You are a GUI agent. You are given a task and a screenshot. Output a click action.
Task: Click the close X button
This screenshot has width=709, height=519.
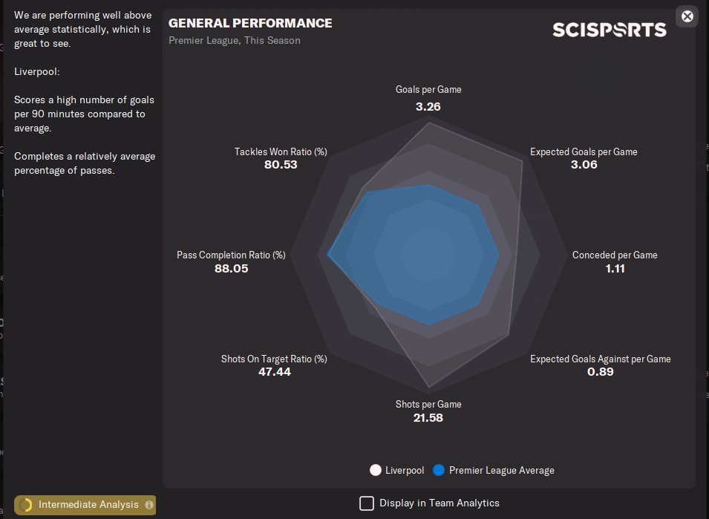(x=687, y=16)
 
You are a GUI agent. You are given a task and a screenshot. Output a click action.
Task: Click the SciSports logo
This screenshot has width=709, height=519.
(x=609, y=30)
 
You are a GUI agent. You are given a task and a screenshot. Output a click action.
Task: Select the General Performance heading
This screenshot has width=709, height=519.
(x=250, y=23)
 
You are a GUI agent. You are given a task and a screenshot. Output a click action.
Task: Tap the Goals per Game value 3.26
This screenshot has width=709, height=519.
(x=428, y=106)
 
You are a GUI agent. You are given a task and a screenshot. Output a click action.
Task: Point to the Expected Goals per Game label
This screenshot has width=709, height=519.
(x=584, y=151)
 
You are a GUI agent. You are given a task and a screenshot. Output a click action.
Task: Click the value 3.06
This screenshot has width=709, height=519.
(x=584, y=164)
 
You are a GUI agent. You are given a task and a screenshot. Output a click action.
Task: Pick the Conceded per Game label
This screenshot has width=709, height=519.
(x=615, y=255)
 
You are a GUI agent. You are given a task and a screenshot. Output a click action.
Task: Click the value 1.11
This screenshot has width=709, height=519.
(x=615, y=268)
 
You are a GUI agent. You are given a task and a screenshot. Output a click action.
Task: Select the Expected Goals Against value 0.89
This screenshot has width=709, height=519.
(x=600, y=371)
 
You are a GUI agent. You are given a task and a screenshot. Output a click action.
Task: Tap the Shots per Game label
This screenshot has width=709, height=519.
(x=428, y=404)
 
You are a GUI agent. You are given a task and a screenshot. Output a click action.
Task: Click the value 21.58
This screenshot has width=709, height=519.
(x=428, y=417)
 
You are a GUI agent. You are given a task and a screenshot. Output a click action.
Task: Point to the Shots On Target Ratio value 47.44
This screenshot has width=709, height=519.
(x=274, y=371)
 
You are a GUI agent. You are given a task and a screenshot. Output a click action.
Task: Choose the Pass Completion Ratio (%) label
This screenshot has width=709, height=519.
(x=231, y=255)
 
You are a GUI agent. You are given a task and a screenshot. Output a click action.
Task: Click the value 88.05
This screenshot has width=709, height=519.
(x=231, y=268)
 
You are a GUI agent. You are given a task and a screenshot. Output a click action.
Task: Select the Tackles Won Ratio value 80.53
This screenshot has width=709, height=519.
(x=281, y=164)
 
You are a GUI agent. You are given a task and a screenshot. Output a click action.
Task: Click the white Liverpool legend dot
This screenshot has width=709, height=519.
(x=376, y=470)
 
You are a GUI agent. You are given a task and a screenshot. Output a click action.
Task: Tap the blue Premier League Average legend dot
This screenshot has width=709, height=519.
(x=439, y=470)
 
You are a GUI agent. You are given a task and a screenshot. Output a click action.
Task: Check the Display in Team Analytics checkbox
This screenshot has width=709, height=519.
(x=367, y=503)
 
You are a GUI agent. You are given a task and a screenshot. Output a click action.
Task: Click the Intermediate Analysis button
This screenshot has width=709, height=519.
(x=85, y=505)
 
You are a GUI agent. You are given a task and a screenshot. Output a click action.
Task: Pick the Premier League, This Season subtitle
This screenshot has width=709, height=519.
(x=235, y=40)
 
